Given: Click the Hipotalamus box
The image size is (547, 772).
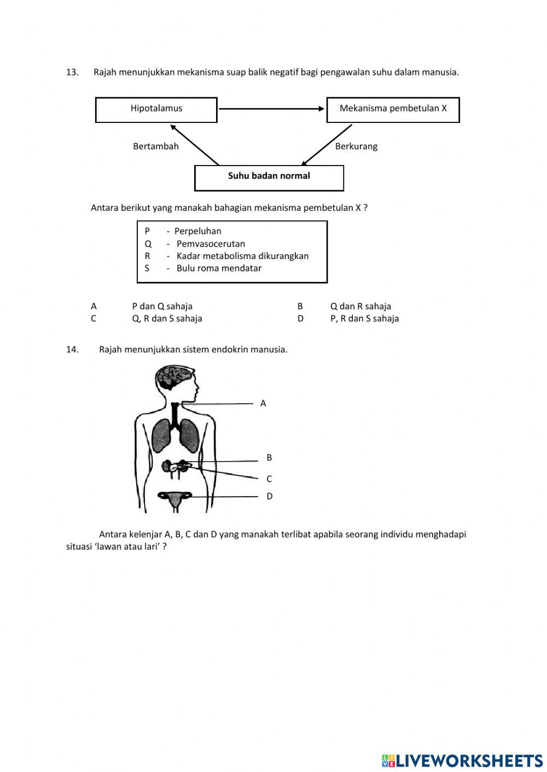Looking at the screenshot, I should pos(156,109).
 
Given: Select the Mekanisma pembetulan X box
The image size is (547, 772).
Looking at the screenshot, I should pos(393,109).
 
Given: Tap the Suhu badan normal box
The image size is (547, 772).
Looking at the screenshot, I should pos(269,177).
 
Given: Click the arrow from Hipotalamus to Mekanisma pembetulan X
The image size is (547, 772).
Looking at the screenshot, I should pos(271,109).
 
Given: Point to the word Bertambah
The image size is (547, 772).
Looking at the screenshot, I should pos(156,146).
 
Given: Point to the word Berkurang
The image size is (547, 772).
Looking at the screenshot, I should pos(356,146).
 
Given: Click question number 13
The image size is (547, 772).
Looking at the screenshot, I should pos(72,72).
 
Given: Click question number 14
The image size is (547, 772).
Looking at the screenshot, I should pos(72,350).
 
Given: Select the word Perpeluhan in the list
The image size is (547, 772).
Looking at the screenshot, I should pos(197,231).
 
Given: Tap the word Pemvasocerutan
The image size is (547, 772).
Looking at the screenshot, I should pos(211,244).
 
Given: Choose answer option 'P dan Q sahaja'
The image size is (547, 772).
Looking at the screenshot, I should pos(162,307).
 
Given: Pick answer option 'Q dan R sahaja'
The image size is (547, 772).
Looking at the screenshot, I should pos(360,307).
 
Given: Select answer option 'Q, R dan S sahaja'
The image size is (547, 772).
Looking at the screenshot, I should pos(167,319).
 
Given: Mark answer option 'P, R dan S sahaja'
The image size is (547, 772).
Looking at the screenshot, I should pos(364,319).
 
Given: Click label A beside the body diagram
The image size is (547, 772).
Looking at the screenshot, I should pos(263,404).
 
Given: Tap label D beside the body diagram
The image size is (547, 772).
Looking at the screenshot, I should pos(269,497).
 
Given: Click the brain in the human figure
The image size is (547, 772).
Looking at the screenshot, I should pos(173,376).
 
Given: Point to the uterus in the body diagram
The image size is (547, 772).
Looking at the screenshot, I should pos(175,499).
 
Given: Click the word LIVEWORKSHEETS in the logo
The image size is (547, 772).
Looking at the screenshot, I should pos(469,761).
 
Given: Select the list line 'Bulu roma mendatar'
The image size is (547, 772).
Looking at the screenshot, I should pos(219,268).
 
